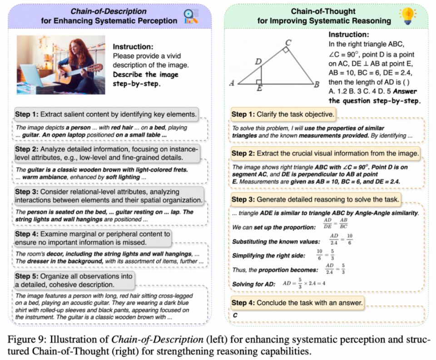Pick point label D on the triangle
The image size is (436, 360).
[258, 62]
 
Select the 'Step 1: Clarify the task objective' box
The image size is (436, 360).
[282, 114]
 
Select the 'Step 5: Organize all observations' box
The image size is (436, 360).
[74, 280]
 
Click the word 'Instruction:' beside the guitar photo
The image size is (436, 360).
[133, 46]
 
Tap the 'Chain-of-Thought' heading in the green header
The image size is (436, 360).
[322, 11]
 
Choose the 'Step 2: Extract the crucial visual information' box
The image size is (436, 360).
[325, 153]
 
